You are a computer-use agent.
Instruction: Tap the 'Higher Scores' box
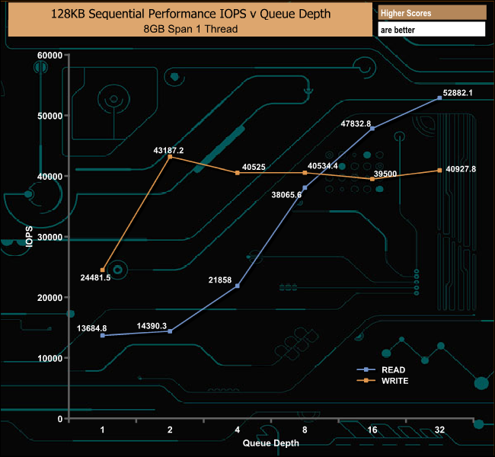431,14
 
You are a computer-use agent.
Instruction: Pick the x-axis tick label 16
372,430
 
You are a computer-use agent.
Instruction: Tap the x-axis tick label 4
238,430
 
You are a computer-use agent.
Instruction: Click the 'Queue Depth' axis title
271,443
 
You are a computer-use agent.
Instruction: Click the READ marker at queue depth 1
102,336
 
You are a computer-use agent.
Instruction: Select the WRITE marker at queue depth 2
170,158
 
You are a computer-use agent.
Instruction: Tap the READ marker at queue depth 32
440,98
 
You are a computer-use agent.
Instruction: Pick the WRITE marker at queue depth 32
440,171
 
